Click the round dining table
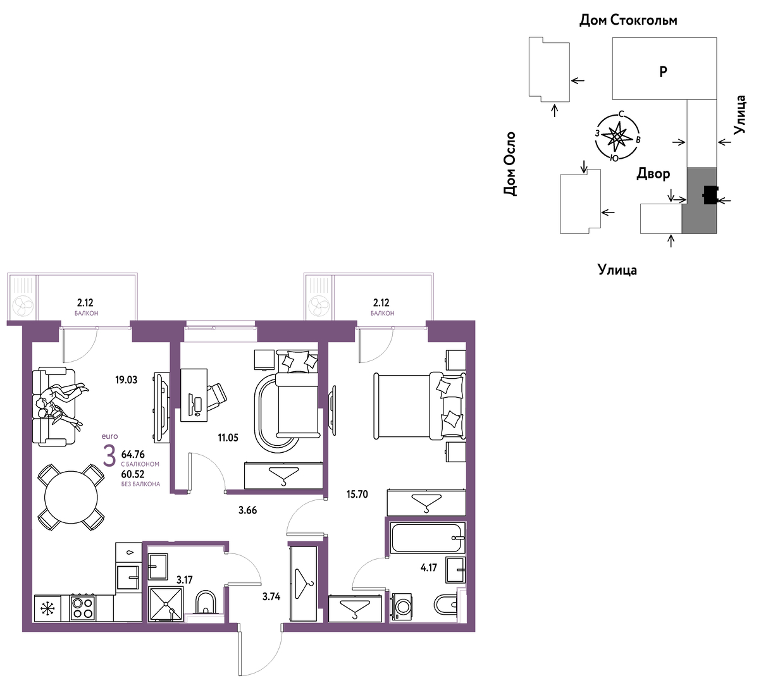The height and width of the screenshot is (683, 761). click(71, 498)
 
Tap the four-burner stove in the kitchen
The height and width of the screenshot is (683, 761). click(82, 608)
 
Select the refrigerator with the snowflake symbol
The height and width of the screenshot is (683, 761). click(47, 608)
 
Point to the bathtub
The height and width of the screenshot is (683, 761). click(428, 538)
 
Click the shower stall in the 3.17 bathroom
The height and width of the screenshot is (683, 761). click(166, 604)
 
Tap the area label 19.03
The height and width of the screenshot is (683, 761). click(127, 380)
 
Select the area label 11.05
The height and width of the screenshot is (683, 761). click(228, 438)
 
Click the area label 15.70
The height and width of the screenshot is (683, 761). click(357, 494)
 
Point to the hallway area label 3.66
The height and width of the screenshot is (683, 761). click(247, 510)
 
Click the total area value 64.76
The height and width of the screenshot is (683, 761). click(133, 454)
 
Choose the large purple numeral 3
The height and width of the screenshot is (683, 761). click(109, 457)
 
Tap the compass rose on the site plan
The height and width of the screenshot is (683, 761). click(617, 137)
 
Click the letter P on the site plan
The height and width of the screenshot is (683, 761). click(664, 71)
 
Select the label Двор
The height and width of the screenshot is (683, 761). click(653, 173)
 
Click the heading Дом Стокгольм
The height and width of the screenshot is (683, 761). click(628, 20)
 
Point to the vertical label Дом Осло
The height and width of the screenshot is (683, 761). click(510, 164)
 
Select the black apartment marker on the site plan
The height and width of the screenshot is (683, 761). click(710, 195)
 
